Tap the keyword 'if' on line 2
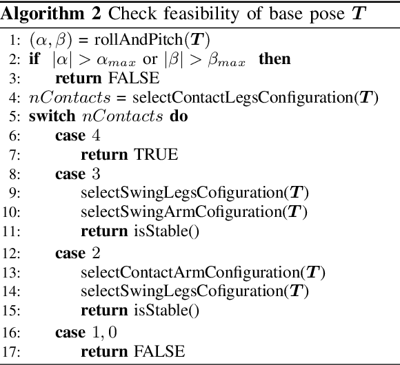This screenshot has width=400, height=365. coord(34,59)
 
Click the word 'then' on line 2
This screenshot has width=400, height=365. coord(274,59)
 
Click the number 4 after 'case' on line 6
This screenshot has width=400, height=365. coord(95,136)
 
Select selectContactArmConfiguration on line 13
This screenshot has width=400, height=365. coord(194,272)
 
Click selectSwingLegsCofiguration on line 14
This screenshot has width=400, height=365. coord(185,291)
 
